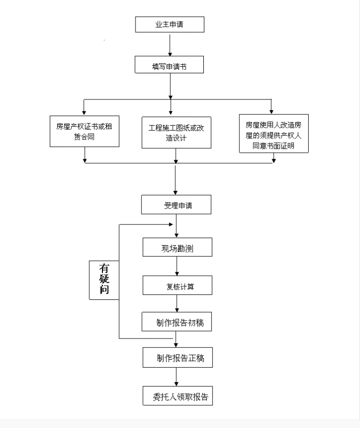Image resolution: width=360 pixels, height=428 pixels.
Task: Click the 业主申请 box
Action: [170, 25]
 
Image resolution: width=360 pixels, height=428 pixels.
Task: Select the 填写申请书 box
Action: [170, 66]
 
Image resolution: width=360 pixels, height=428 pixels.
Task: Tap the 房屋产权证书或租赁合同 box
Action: [84, 131]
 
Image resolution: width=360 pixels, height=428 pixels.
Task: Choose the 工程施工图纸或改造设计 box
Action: [175, 133]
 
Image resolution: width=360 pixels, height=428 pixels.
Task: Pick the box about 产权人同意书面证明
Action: [273, 133]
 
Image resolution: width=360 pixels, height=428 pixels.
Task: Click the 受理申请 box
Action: [175, 205]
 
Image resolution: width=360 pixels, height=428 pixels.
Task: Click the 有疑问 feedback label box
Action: [104, 279]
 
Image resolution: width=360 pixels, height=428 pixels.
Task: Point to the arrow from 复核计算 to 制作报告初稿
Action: [176, 303]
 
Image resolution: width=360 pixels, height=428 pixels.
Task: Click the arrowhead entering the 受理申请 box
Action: [175, 192]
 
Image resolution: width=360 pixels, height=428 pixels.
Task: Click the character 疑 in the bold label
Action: [104, 279]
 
